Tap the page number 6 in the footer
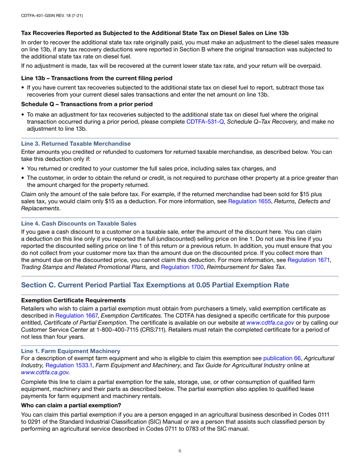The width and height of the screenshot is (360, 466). pyautogui.click(x=180, y=450)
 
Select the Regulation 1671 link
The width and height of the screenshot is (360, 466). pyautogui.click(x=308, y=260)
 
